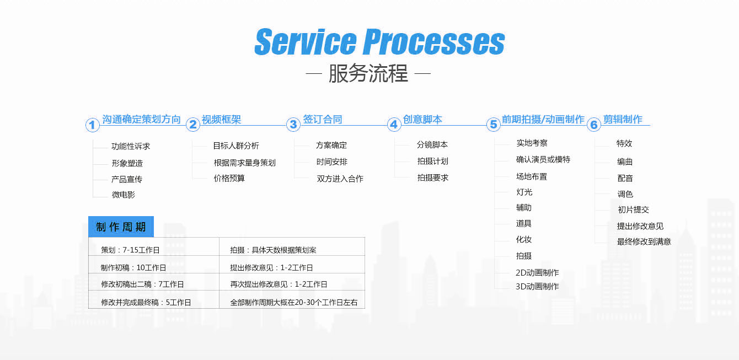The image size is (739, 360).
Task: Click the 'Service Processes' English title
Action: [379, 42]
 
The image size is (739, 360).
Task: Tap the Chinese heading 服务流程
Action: [368, 73]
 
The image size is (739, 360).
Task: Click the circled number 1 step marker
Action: [93, 125]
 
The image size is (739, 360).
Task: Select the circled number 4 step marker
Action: [394, 125]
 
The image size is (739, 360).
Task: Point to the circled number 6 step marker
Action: [594, 125]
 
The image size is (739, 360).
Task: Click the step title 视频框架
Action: [221, 119]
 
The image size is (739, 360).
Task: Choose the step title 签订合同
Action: [322, 119]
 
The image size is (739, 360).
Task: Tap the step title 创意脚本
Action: [422, 119]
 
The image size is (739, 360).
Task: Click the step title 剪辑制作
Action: [623, 119]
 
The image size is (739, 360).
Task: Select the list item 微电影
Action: [124, 195]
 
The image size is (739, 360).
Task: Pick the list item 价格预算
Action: [229, 179]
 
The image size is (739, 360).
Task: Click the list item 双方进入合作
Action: [340, 179]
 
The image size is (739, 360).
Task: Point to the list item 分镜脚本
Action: [432, 145]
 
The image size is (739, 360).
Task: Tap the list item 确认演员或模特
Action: [543, 159]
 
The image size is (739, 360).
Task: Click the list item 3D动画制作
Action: [537, 287]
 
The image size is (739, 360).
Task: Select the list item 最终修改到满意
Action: [644, 241]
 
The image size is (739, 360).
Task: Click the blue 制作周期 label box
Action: [121, 227]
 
